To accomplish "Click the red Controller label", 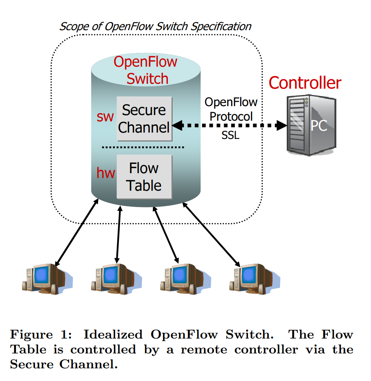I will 305,83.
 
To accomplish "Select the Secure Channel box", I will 144,119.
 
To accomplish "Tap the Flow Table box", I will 144,177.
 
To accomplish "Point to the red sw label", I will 105,117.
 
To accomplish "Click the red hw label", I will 106,173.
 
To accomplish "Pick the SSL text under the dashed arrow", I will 230,136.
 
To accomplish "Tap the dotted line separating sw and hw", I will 143,147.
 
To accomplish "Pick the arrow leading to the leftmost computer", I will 77,232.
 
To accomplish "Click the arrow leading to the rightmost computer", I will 211,235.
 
